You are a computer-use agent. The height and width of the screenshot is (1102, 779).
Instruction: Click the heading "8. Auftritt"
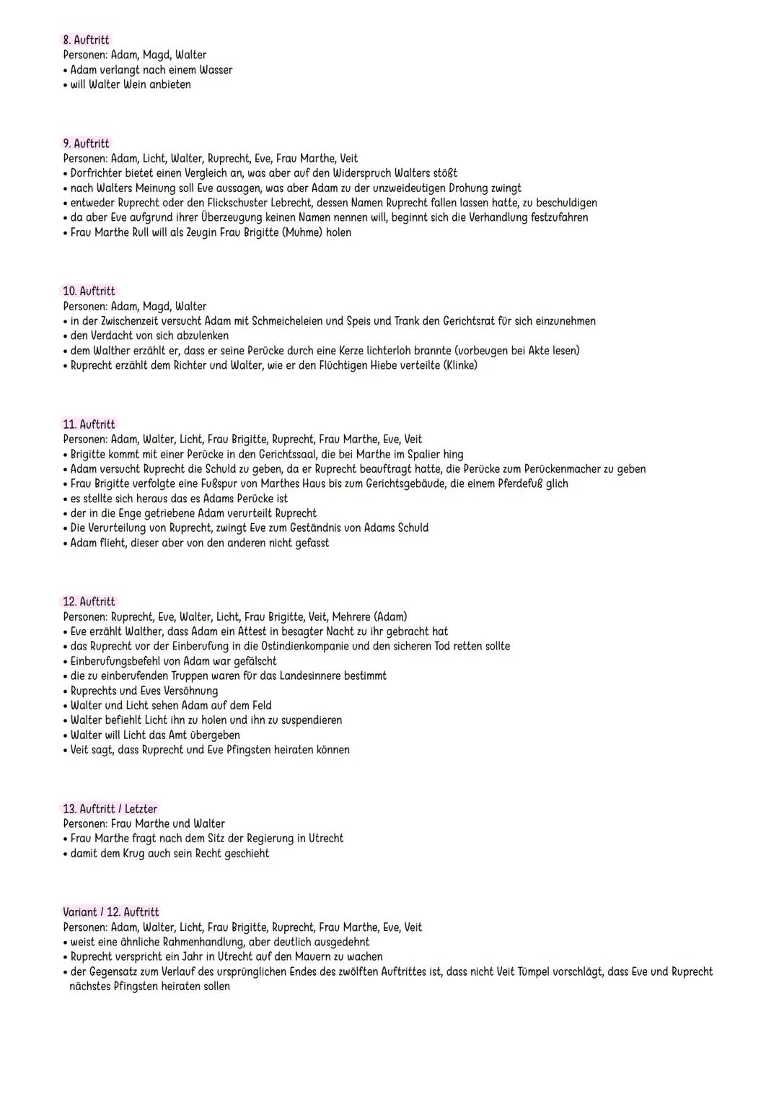(86, 40)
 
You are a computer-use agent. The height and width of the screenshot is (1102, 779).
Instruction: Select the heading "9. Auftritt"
(86, 144)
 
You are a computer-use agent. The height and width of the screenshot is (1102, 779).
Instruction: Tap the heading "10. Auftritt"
(89, 291)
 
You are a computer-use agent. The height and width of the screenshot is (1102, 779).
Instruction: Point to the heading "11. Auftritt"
(89, 424)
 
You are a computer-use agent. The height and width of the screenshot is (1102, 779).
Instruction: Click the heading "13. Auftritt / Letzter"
(110, 809)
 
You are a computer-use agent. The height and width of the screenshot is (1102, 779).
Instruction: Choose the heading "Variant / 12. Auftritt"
(111, 912)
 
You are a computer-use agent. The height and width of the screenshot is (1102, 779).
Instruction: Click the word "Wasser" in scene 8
(216, 70)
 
